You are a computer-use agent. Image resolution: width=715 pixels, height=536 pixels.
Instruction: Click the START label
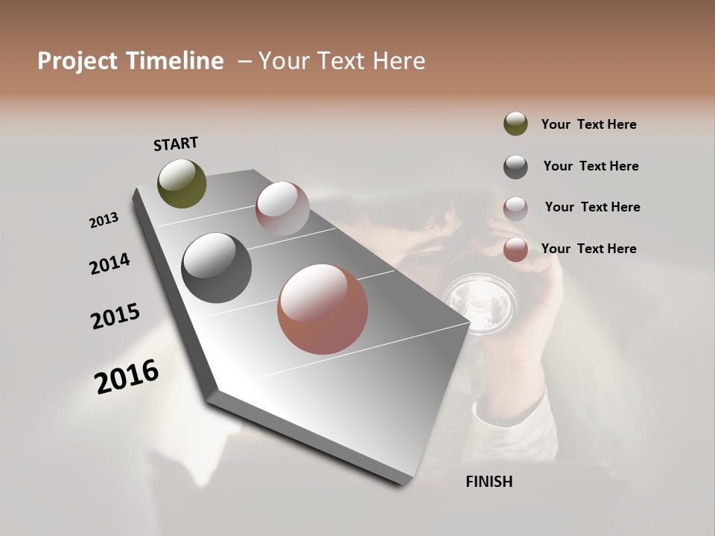point(176,144)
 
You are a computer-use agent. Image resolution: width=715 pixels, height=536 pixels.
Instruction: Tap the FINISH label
point(489,482)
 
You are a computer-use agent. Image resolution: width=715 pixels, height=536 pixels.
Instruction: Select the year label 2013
point(104,220)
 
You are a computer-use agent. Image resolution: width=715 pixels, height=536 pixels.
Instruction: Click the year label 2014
point(109,264)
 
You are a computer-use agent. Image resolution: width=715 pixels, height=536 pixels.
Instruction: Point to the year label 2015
point(115,316)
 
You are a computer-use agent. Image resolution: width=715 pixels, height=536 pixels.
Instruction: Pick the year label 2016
point(127,377)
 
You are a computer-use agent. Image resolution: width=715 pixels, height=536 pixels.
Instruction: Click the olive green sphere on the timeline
point(182,184)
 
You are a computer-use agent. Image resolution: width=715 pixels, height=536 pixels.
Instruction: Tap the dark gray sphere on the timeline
point(216,268)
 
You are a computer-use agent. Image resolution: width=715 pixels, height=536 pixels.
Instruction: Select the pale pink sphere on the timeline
point(282,208)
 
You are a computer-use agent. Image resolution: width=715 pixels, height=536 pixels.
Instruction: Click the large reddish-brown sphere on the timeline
point(322,309)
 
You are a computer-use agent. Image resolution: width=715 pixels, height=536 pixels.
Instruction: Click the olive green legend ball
point(515,124)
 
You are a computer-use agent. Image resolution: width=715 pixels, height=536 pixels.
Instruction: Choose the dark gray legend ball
point(515,166)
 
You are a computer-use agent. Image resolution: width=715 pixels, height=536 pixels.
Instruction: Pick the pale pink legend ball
point(515,208)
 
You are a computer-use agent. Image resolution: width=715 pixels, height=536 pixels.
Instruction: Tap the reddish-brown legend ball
point(515,249)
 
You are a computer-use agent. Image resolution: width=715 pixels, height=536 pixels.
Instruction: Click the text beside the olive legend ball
point(588,124)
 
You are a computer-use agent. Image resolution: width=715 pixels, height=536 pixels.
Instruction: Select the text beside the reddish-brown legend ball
point(588,249)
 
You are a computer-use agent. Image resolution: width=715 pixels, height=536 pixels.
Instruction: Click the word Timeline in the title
point(171,61)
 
